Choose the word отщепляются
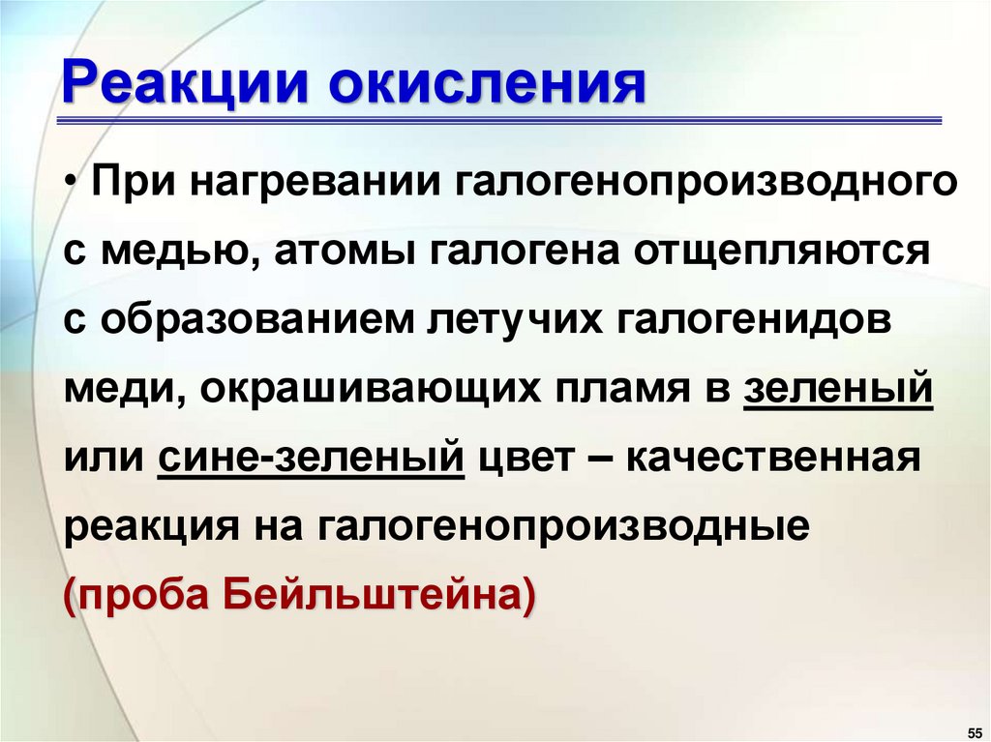pyautogui.click(x=781, y=252)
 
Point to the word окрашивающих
pyautogui.click(x=345, y=388)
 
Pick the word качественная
pyautogui.click(x=770, y=456)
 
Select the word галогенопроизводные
pyautogui.click(x=561, y=524)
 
